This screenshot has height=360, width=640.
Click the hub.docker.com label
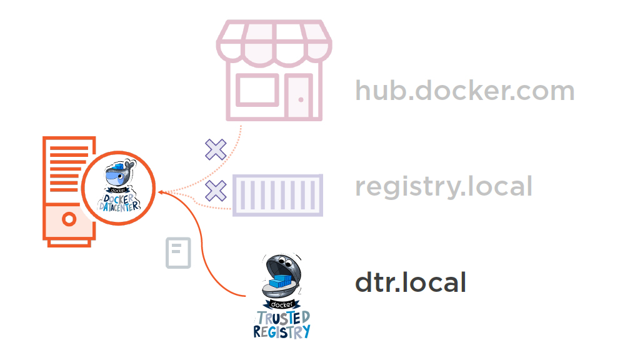point(464,91)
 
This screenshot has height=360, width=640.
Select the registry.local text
point(444,186)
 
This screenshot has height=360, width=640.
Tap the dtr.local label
point(411,282)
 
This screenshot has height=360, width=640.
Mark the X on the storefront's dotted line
point(216,150)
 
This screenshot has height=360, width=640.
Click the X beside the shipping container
point(216,191)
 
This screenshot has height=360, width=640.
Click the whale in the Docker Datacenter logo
point(119,175)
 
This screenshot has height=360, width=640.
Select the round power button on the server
point(69,219)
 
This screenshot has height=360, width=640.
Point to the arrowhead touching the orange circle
point(161,192)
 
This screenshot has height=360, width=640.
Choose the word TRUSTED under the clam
point(282,318)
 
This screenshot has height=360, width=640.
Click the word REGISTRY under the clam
point(282,331)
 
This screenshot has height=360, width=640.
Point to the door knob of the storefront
point(301,100)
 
